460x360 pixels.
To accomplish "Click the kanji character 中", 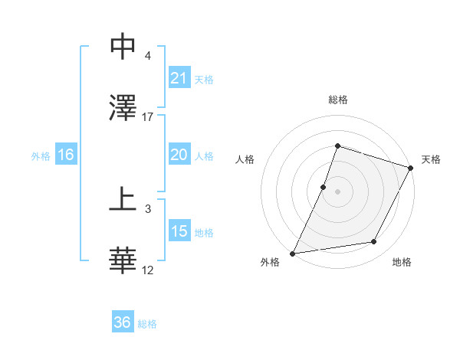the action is coord(123,47).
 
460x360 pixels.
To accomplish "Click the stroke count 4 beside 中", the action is coord(148,56).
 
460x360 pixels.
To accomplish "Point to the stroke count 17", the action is coord(148,116).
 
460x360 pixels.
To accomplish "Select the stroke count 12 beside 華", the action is coord(148,270).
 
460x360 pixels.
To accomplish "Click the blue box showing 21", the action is coord(179,78).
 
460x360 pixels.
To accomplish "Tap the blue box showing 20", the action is coord(179,155).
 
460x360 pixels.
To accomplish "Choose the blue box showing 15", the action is coord(179,231).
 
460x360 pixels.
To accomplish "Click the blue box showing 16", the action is coord(66,155).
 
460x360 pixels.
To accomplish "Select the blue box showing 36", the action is coord(123,323).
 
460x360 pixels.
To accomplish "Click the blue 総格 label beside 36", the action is coord(147,324).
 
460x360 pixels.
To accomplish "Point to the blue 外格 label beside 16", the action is coord(41,155).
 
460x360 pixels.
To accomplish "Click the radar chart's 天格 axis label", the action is coord(432,159).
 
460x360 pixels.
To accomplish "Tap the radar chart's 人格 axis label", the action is coord(245,159).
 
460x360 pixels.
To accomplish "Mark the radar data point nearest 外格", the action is coord(293,254).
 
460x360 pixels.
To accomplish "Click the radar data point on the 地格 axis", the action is coord(374,242).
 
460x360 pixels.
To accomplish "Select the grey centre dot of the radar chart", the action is coord(337,191).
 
